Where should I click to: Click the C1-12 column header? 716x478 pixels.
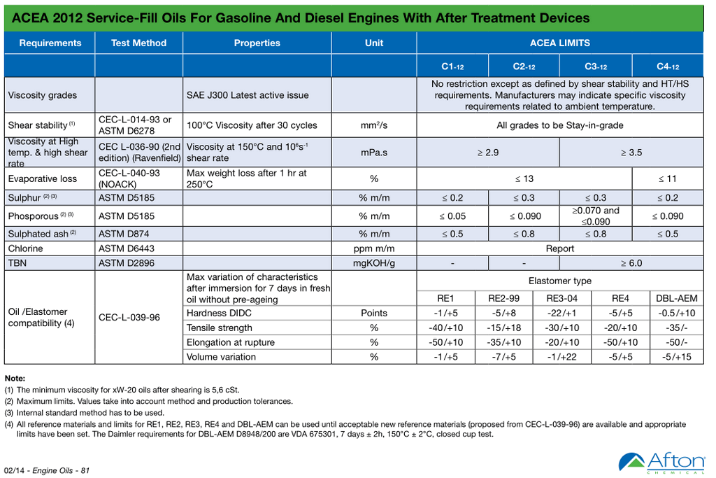click(452, 66)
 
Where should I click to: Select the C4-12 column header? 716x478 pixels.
click(668, 66)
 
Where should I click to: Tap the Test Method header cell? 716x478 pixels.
click(138, 43)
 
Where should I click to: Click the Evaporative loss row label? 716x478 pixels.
click(43, 178)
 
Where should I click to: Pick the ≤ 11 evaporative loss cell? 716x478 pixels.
click(667, 178)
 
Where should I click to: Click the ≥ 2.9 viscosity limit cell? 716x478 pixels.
click(488, 152)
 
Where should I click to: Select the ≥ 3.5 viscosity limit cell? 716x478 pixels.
click(631, 152)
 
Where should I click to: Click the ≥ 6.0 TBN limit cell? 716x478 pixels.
click(631, 263)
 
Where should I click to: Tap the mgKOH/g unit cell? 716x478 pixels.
click(374, 263)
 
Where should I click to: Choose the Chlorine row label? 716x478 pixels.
click(26, 248)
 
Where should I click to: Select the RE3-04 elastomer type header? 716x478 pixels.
click(562, 298)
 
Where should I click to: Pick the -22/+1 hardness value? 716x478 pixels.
click(562, 313)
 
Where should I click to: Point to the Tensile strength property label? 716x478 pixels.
click(220, 328)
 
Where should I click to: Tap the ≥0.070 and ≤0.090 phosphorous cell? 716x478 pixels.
click(596, 216)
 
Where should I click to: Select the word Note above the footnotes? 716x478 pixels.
click(15, 378)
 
